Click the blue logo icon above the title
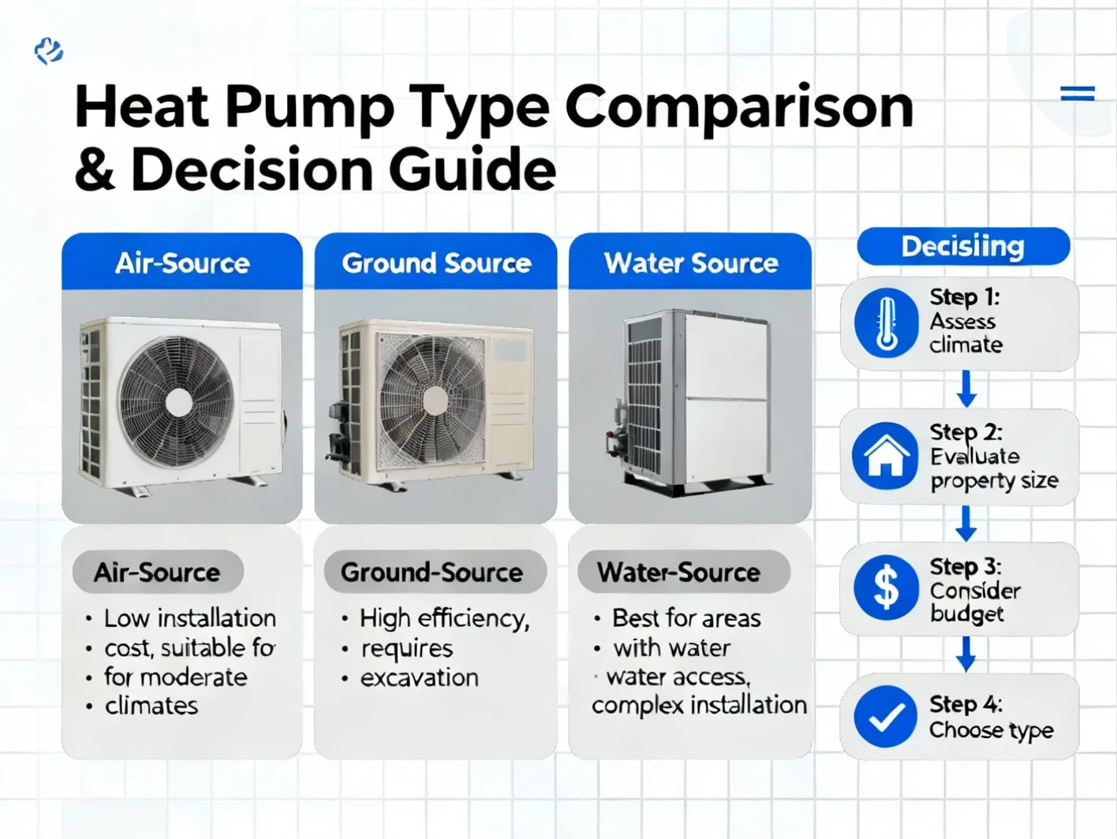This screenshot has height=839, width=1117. (x=49, y=51)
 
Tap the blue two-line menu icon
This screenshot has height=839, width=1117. (x=1078, y=94)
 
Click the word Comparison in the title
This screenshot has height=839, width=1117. (x=739, y=108)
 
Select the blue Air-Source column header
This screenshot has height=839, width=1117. (x=182, y=262)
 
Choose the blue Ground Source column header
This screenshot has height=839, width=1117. (x=435, y=262)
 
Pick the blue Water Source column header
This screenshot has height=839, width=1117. (x=690, y=262)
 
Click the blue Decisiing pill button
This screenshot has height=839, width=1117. (x=963, y=247)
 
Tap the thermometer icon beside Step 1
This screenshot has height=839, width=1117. (x=886, y=323)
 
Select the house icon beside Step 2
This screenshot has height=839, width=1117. (x=886, y=456)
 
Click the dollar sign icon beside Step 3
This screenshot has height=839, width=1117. (x=886, y=587)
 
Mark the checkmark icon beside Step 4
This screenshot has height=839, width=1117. (x=885, y=717)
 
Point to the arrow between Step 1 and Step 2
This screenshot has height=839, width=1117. (x=966, y=389)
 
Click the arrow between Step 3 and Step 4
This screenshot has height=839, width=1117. (x=966, y=654)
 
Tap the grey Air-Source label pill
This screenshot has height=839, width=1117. (x=158, y=572)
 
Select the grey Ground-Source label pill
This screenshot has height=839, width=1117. (x=435, y=572)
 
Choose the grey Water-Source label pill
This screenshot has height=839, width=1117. (x=684, y=572)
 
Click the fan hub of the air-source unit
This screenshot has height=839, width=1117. (x=179, y=404)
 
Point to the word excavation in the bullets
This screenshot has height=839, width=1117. (x=420, y=678)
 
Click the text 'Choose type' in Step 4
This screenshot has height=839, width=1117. (x=992, y=731)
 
